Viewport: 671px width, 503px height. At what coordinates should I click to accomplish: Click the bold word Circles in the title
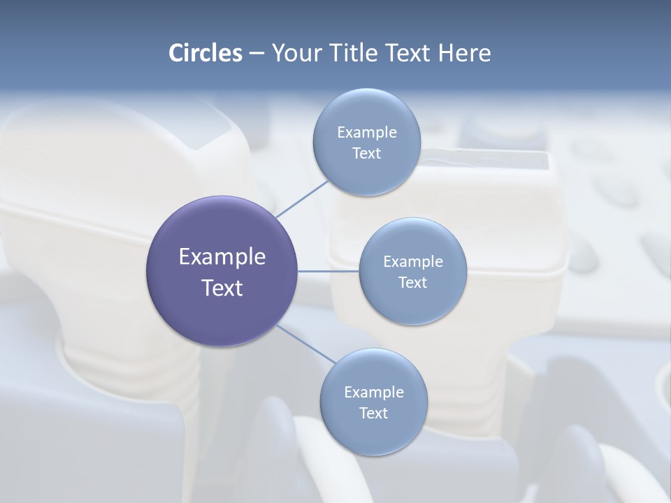[205, 53]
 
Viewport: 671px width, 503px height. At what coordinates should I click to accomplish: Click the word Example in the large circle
[222, 257]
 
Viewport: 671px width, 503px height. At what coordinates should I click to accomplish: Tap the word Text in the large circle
[222, 288]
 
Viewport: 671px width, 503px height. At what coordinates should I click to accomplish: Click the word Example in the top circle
[367, 133]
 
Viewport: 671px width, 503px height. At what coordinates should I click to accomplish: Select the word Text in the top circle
[366, 154]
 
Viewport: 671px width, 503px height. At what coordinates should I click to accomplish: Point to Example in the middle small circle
[413, 262]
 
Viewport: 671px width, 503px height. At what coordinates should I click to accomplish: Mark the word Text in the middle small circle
[412, 283]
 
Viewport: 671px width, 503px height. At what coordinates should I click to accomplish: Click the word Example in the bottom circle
[374, 393]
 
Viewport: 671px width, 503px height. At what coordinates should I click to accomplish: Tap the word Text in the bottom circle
[373, 414]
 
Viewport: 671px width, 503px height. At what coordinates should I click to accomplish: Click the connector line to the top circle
[302, 198]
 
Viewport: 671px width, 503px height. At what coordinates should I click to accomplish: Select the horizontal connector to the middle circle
[329, 271]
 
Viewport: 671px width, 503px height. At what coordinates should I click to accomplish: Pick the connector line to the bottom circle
[305, 344]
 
